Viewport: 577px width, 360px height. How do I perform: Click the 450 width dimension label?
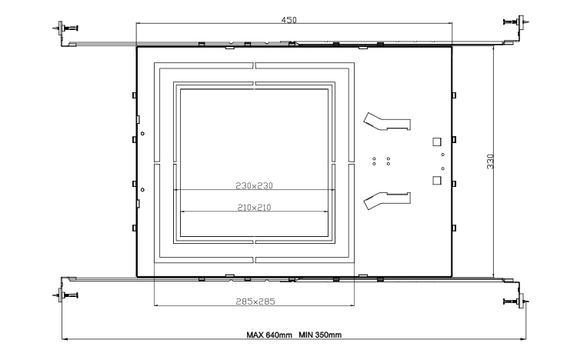(x=288, y=20)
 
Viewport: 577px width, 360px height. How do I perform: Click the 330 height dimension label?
(x=490, y=162)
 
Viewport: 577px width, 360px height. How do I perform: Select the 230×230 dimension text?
(x=255, y=185)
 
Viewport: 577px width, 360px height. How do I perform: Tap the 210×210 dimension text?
(x=255, y=208)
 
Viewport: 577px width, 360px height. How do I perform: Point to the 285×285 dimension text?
(x=255, y=302)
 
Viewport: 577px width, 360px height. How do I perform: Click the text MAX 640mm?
(x=269, y=335)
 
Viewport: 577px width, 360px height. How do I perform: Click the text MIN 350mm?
(x=320, y=335)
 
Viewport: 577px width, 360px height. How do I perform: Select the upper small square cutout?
(x=437, y=142)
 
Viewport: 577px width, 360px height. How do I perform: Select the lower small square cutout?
(x=437, y=180)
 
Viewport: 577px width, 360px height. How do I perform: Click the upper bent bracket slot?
(x=387, y=122)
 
